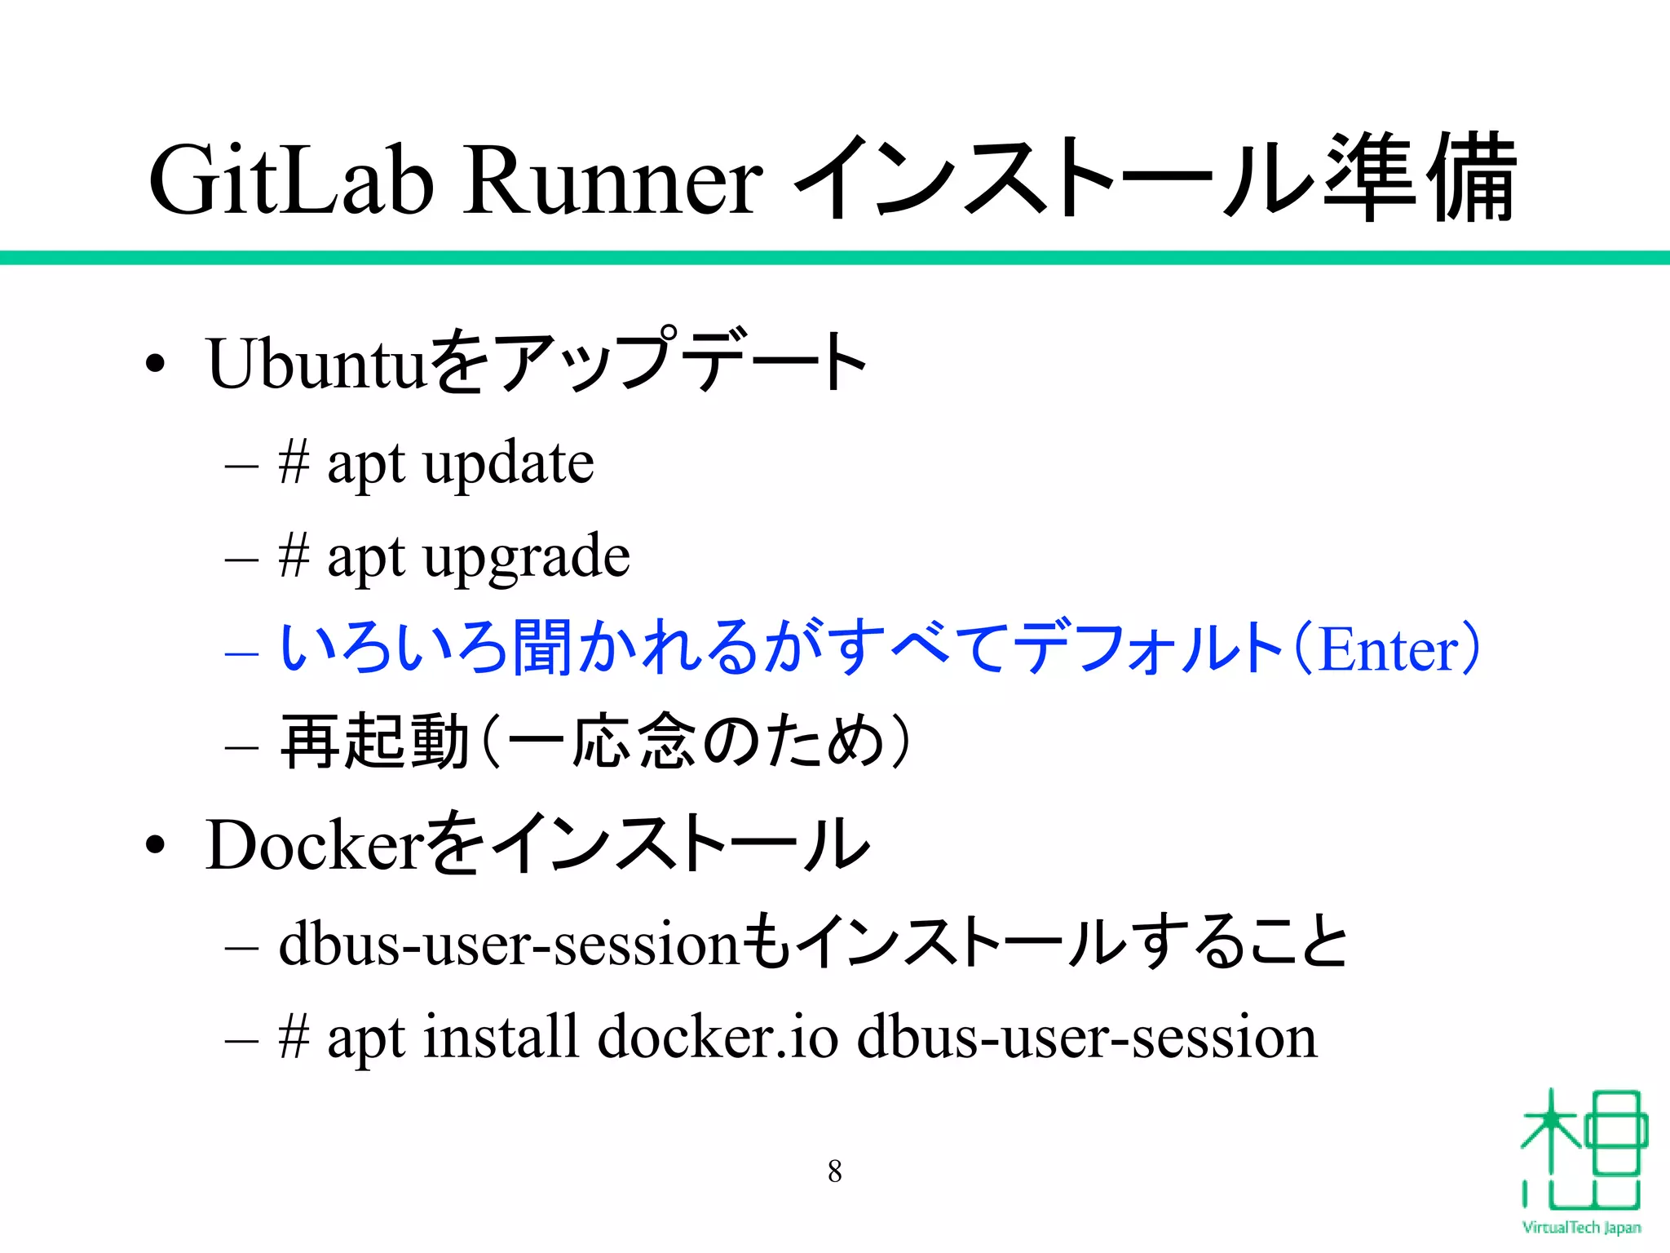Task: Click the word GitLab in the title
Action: click(x=290, y=179)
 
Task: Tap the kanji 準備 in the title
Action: click(x=1419, y=178)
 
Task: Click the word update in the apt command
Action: click(x=509, y=463)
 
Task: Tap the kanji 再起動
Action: click(x=375, y=742)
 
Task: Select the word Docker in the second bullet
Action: click(x=315, y=845)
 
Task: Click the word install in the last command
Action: click(x=501, y=1038)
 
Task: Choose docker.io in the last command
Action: click(x=718, y=1038)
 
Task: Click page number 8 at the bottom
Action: click(x=835, y=1171)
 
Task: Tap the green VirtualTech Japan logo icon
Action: click(x=1582, y=1150)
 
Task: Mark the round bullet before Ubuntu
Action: click(x=155, y=365)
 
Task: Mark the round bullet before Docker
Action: click(x=155, y=846)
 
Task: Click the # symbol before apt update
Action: click(x=294, y=462)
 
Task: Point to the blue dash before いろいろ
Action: click(x=241, y=653)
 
